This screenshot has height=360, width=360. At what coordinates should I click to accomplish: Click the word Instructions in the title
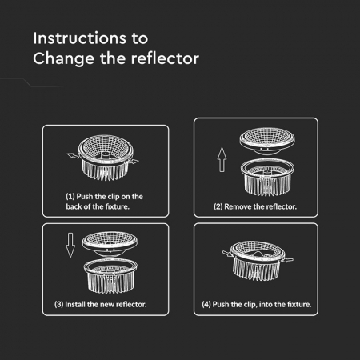[x=79, y=38]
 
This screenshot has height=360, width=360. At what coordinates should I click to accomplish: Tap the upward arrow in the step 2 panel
[x=222, y=159]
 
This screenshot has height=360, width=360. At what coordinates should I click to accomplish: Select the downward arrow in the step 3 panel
[x=70, y=245]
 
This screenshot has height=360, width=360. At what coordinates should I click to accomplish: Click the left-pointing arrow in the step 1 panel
[x=73, y=155]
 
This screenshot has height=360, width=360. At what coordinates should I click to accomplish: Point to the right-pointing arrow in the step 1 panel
[x=133, y=161]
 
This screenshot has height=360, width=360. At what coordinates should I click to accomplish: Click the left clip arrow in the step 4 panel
[x=228, y=253]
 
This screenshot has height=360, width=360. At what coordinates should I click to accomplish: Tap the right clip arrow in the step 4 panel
[x=288, y=259]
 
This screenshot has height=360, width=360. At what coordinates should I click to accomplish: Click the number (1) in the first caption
[x=70, y=197]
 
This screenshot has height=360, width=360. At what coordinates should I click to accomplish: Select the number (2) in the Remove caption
[x=218, y=206]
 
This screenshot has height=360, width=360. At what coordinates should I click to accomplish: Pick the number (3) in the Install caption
[x=59, y=304]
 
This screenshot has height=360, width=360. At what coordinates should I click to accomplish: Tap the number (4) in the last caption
[x=206, y=304]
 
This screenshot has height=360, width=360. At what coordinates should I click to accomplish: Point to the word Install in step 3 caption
[x=75, y=304]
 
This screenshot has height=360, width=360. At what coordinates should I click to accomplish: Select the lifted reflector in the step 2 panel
[x=267, y=141]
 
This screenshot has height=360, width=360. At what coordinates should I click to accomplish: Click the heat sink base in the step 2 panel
[x=267, y=178]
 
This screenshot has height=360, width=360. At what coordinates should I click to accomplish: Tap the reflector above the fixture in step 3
[x=110, y=244]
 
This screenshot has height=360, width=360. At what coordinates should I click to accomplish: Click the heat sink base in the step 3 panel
[x=110, y=276]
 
